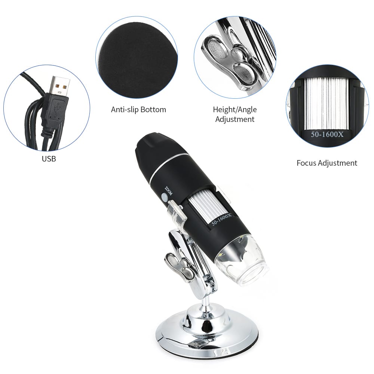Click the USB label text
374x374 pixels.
point(49,159)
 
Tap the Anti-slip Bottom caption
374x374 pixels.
point(138,110)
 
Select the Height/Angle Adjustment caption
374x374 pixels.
point(235,114)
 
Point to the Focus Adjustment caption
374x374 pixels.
point(327,163)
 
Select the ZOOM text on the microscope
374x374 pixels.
point(168,191)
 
